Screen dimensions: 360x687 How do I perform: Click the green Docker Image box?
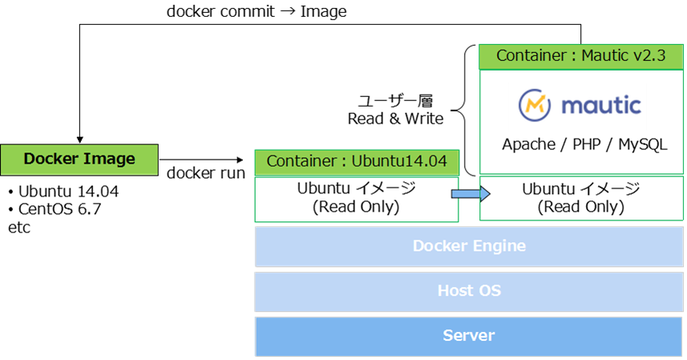point(79,159)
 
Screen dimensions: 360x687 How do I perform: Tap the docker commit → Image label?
point(257,12)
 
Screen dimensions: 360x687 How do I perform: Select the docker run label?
point(206,173)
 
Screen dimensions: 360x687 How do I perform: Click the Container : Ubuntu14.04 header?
point(356,161)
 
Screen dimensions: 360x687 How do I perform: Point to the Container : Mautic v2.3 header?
point(580,56)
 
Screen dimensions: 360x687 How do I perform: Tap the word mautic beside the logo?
point(602,105)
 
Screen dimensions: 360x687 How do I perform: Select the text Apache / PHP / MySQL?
point(584,144)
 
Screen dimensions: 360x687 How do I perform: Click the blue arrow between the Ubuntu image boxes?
point(469,194)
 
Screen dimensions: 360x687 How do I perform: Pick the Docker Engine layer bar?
point(469,246)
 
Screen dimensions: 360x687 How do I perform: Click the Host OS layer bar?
point(469,291)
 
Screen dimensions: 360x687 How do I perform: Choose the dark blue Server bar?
point(469,336)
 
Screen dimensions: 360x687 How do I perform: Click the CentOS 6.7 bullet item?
point(60,209)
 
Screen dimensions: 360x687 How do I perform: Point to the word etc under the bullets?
point(19,227)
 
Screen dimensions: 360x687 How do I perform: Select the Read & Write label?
point(395,119)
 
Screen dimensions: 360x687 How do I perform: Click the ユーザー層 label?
point(395,101)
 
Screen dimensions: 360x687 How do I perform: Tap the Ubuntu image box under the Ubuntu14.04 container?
point(356,199)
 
